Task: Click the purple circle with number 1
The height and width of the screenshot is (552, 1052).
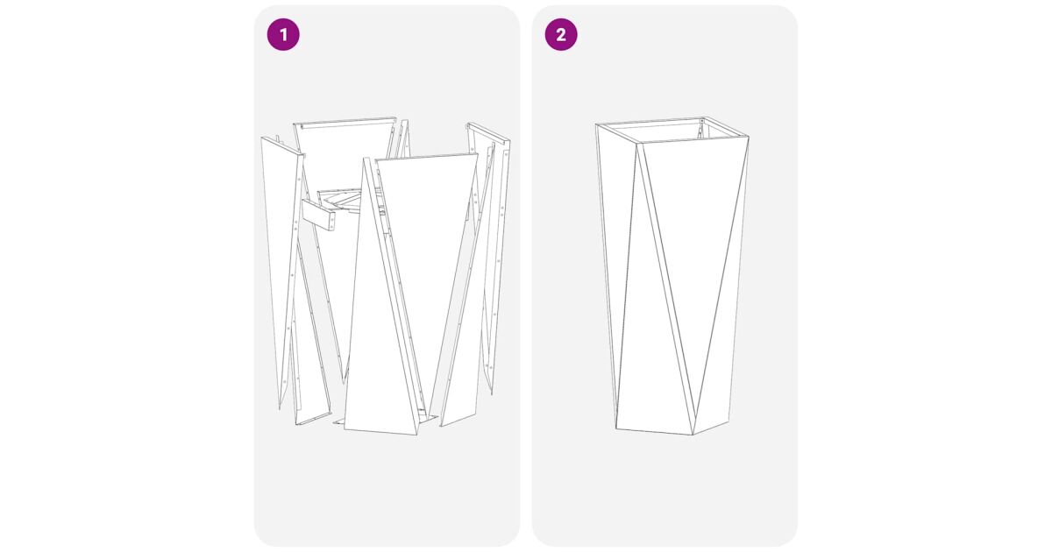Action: pos(283,34)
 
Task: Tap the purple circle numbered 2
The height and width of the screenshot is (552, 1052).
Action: pos(561,34)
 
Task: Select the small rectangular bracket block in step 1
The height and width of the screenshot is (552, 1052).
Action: pos(318,216)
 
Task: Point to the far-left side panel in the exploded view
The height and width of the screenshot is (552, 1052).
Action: pos(280,263)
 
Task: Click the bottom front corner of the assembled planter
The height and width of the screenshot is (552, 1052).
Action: pos(693,435)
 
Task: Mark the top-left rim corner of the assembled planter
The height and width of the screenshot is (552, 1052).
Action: pos(596,124)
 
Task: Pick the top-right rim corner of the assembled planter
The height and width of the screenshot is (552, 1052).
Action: pos(748,137)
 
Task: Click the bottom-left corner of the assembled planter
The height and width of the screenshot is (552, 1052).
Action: pos(615,428)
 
